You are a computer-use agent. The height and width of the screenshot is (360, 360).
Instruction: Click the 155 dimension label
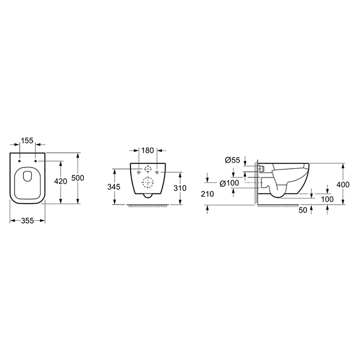[27, 140]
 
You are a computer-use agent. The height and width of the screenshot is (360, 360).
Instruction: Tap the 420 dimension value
[61, 181]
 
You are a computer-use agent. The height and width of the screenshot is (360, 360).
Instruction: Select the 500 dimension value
[78, 178]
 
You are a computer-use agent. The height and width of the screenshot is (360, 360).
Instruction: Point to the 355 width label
[27, 221]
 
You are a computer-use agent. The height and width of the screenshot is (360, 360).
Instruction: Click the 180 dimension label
[147, 151]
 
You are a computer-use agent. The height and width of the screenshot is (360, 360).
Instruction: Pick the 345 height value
[114, 187]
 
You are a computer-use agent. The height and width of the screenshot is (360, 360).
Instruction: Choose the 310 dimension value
[180, 188]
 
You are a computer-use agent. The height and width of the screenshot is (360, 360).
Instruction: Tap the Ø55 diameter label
[232, 160]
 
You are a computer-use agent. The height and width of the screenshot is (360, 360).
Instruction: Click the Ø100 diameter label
[229, 183]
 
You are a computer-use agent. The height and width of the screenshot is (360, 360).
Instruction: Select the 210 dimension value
[207, 194]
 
